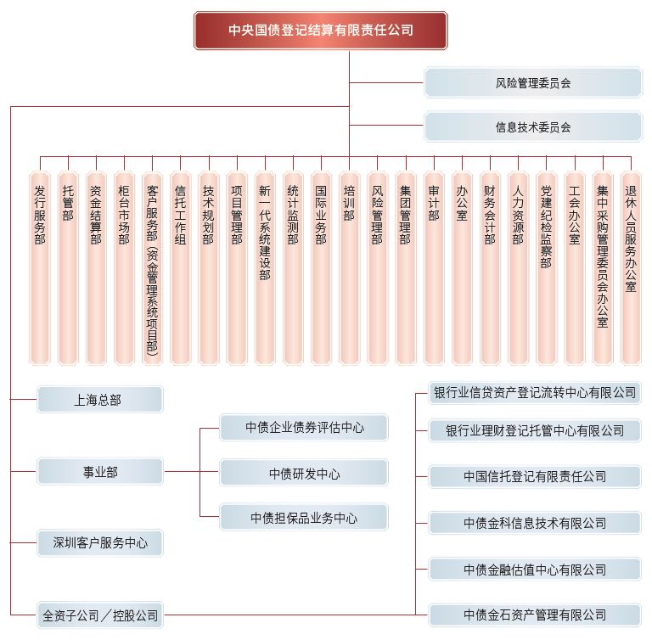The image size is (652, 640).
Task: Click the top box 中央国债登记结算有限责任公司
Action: (321, 31)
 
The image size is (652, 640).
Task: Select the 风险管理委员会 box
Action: (533, 82)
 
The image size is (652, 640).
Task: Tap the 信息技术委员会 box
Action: (533, 126)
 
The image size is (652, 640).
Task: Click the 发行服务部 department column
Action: (40, 268)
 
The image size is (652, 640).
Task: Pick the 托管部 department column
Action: (68, 268)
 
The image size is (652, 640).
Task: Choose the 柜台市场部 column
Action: (124, 268)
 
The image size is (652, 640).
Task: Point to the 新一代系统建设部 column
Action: (265, 268)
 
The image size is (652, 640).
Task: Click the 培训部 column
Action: (349, 268)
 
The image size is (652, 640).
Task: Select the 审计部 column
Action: (434, 268)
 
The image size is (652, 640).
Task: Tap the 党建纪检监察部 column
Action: (547, 268)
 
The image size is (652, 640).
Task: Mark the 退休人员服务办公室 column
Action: (631, 268)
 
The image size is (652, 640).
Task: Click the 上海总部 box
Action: (100, 400)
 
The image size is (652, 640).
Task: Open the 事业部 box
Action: (100, 472)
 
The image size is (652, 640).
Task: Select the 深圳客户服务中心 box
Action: (100, 542)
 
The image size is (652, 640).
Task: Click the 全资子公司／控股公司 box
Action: (100, 615)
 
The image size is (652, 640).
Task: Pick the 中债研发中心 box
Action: (304, 473)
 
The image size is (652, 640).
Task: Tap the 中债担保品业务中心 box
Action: (304, 517)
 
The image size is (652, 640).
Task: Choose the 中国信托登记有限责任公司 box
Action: (535, 476)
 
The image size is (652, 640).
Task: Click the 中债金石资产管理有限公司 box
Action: (535, 615)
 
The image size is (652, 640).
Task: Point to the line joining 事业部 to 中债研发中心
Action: (192, 472)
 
